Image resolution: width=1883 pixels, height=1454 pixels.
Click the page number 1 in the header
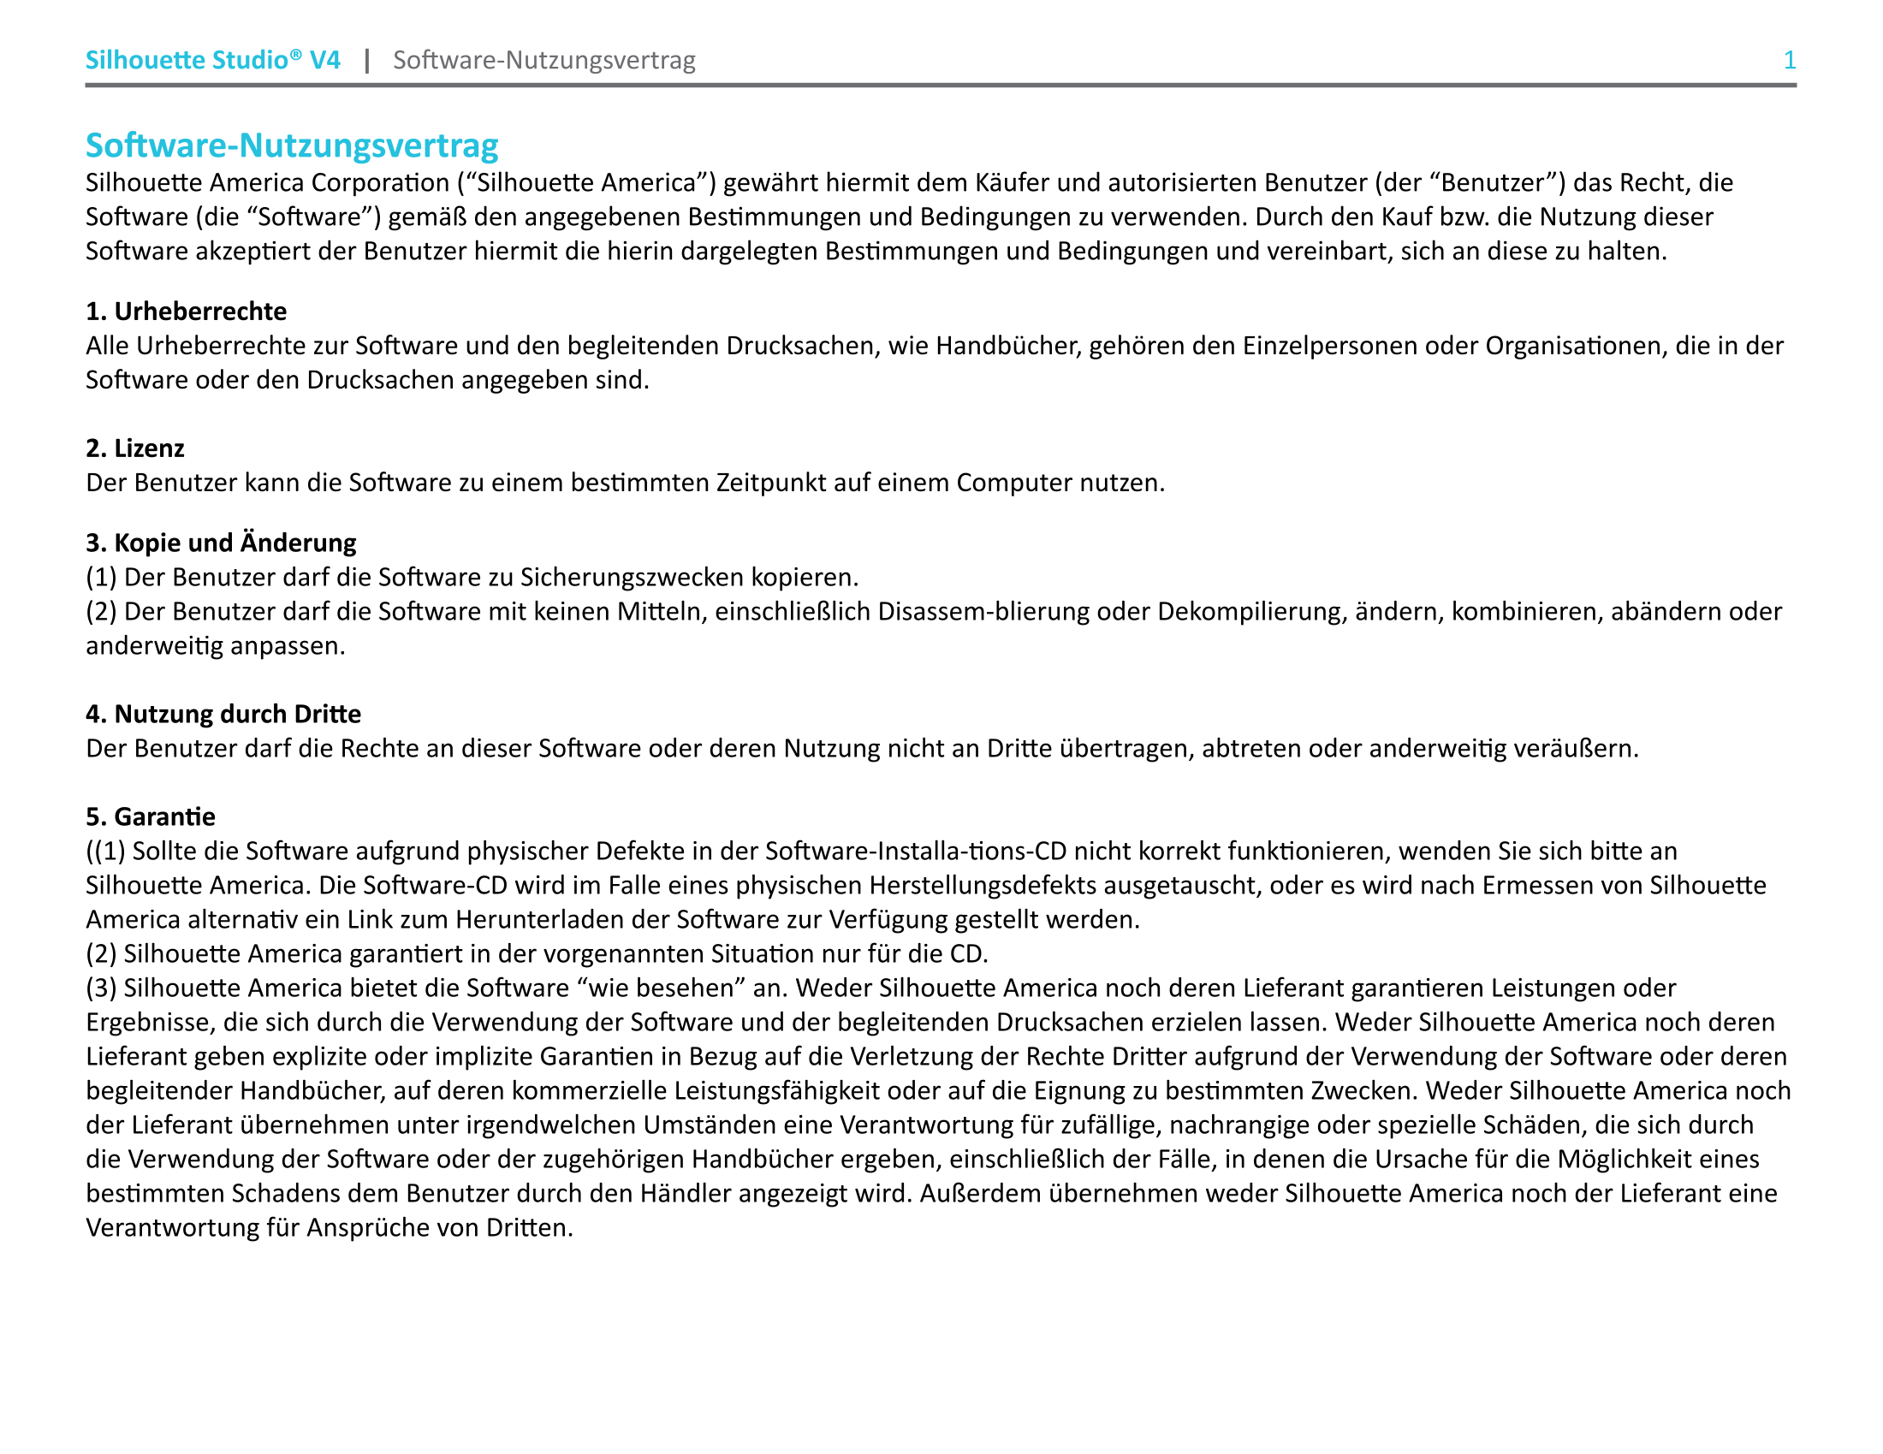pos(1789,60)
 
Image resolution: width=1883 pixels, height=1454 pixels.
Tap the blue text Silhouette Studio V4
pos(212,60)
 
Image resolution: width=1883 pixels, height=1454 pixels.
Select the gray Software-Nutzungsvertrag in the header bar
pos(544,60)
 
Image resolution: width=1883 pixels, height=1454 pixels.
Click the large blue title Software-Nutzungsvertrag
pos(291,145)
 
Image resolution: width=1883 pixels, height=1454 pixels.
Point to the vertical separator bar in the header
pos(367,60)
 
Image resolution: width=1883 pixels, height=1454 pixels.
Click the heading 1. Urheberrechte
pos(187,312)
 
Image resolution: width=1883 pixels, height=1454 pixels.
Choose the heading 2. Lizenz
pos(135,448)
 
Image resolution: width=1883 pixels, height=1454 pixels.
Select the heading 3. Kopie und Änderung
pos(221,543)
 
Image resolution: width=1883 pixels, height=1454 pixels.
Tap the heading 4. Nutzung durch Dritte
pos(223,714)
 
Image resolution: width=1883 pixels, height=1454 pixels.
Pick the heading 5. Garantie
pos(151,816)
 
